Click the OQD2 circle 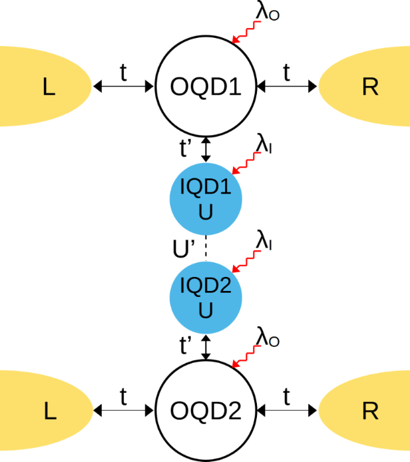click(206, 413)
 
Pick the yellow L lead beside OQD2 click(44, 413)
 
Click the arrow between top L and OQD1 click(124, 86)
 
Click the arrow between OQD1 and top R click(287, 86)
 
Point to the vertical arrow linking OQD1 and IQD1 click(206, 148)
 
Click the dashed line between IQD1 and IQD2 click(206, 248)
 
